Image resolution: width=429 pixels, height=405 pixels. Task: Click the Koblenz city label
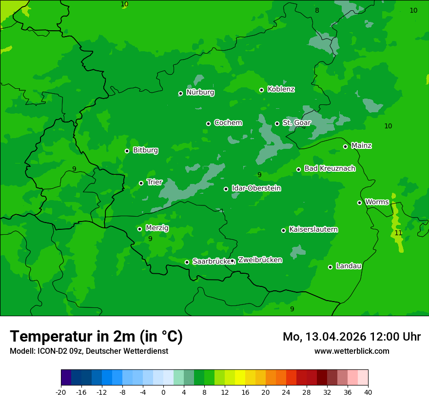[281, 89]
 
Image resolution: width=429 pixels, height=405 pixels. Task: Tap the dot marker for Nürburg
[180, 93]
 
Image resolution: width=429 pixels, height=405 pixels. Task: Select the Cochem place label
[228, 122]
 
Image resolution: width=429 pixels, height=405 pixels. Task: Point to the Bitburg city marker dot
[127, 151]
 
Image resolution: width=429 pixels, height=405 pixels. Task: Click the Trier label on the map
[155, 182]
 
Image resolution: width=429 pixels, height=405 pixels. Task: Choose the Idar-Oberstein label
[256, 188]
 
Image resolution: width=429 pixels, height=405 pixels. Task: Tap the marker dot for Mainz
[345, 146]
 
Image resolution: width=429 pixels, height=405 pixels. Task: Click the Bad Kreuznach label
[330, 168]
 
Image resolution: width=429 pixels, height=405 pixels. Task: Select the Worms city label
[377, 202]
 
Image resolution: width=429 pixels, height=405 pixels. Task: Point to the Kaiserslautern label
[313, 229]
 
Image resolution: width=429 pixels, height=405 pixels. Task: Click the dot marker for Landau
[330, 267]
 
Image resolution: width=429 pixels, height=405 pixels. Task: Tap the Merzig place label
[157, 228]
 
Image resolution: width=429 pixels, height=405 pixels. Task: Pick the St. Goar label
[296, 122]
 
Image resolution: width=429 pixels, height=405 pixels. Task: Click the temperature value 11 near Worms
[398, 233]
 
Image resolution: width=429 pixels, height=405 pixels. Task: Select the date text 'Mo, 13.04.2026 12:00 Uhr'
[351, 337]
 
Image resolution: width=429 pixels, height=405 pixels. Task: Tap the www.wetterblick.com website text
[351, 351]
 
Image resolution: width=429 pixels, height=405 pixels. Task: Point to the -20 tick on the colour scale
[61, 392]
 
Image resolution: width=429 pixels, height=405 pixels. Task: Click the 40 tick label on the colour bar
[368, 392]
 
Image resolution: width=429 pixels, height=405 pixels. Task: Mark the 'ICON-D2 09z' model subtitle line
[89, 351]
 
